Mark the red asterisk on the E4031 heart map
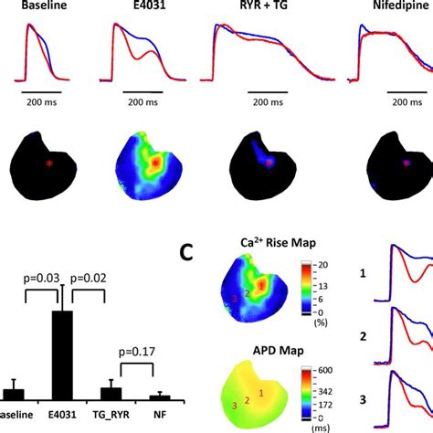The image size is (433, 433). (156, 163)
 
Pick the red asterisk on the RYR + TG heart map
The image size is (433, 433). (269, 164)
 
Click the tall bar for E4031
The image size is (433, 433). (62, 353)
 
